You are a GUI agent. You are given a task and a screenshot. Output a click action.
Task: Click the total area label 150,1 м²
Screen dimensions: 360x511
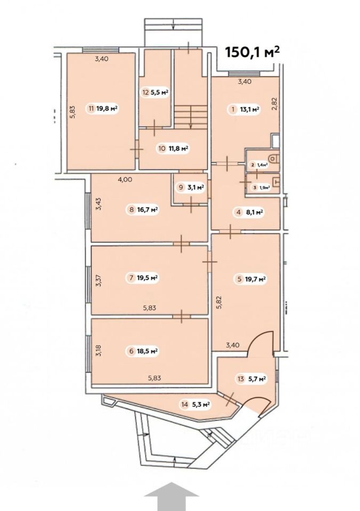[252, 52]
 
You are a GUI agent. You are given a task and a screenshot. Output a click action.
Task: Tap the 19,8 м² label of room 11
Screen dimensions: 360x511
[107, 108]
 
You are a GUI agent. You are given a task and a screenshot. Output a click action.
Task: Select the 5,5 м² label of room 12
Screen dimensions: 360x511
[159, 92]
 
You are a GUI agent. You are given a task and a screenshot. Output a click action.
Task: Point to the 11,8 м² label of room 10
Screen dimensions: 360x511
[178, 149]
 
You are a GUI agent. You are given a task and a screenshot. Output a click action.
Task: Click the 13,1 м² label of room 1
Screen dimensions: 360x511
[249, 109]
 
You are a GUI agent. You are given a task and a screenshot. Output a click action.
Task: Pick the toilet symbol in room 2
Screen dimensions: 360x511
[273, 159]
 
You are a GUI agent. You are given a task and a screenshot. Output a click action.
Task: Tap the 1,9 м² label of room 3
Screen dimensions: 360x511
[264, 187]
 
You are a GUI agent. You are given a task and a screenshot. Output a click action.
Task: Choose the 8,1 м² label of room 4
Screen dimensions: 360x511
[255, 212]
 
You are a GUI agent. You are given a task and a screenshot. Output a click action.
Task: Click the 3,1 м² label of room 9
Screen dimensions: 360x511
[195, 187]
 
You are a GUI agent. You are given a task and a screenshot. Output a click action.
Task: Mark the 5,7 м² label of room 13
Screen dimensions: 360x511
[256, 378]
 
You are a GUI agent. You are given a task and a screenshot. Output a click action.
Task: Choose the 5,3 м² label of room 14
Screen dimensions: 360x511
[200, 405]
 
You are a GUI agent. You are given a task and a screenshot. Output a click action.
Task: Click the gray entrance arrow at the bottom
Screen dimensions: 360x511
[171, 496]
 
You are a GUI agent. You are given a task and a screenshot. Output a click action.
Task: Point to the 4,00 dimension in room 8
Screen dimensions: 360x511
[125, 179]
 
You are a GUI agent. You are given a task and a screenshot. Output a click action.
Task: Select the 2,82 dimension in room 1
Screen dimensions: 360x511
[275, 104]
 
